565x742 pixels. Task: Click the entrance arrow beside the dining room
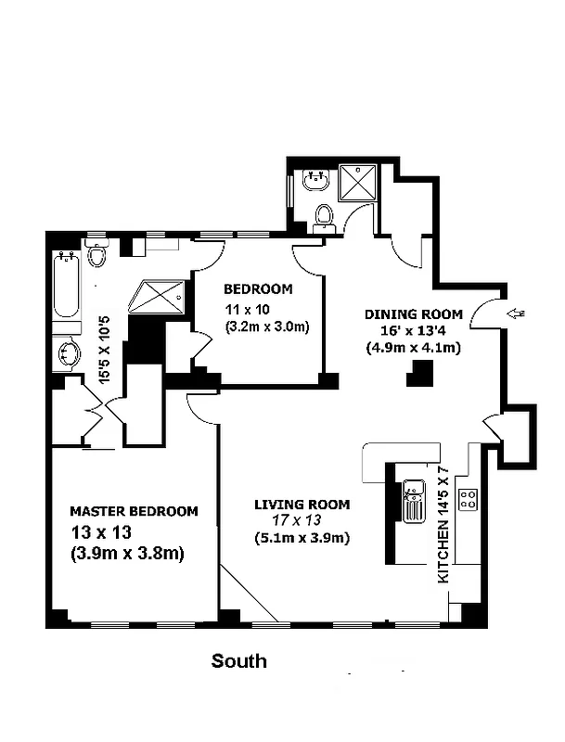click(x=517, y=315)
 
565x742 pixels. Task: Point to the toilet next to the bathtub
click(x=97, y=253)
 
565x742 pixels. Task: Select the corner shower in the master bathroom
click(x=157, y=296)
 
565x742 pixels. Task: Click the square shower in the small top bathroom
click(x=354, y=183)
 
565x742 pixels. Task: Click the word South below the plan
click(x=238, y=661)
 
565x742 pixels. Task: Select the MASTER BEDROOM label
click(x=135, y=511)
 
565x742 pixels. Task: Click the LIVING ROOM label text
click(x=302, y=505)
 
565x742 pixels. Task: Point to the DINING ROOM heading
click(x=408, y=314)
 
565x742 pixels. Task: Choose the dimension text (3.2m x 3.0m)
click(x=267, y=326)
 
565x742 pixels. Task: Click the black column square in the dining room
click(x=422, y=373)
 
